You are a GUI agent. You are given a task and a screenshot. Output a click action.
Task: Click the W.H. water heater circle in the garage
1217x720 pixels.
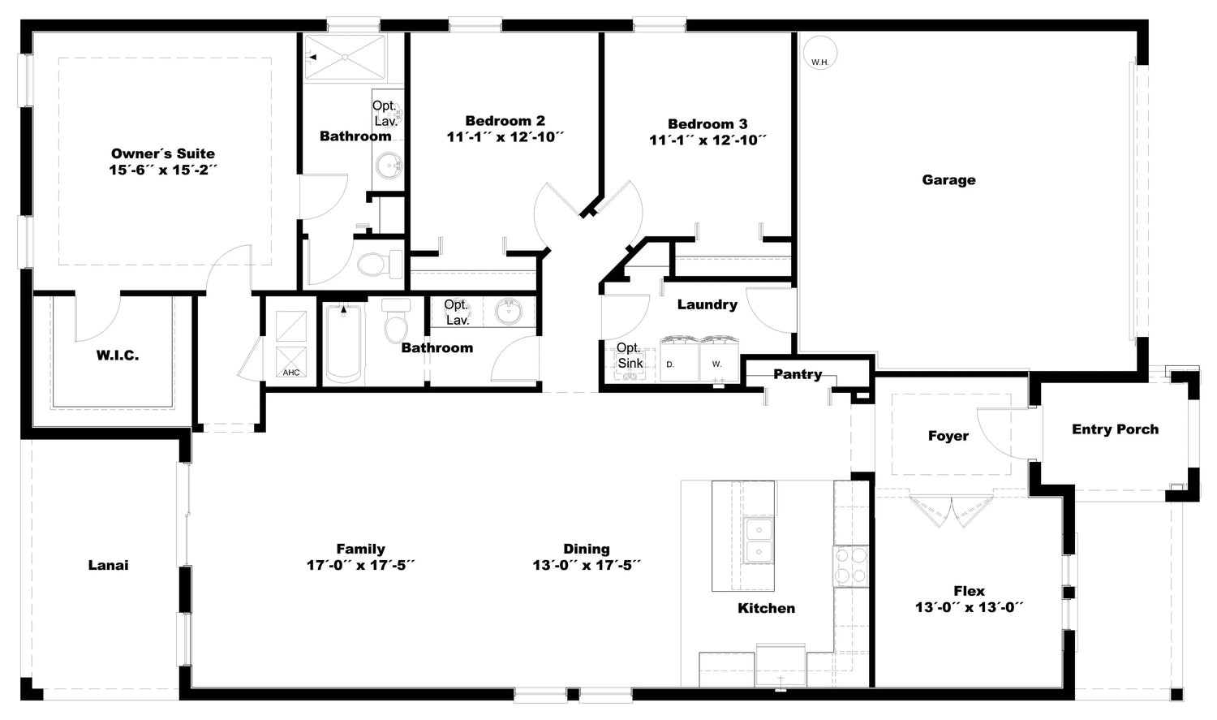(x=819, y=54)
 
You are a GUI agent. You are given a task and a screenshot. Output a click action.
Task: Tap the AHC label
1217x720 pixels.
(x=291, y=373)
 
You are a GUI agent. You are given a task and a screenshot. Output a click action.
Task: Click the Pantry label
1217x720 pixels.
(x=798, y=374)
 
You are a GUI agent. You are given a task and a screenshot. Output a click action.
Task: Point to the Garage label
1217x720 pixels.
(x=948, y=180)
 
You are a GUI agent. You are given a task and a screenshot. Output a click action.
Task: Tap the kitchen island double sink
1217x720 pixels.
(x=759, y=540)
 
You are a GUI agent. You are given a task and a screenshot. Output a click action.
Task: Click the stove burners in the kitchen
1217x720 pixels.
(x=851, y=566)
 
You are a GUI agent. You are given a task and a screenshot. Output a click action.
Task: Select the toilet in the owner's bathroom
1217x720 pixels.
(x=380, y=265)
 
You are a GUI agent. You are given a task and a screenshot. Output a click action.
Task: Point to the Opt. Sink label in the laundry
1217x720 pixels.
(x=630, y=356)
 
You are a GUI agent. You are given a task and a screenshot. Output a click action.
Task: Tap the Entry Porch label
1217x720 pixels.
(x=1115, y=429)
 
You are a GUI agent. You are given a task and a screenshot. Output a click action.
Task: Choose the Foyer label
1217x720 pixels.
(x=948, y=436)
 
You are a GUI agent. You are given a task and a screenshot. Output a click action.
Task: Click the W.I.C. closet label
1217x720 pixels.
(x=118, y=356)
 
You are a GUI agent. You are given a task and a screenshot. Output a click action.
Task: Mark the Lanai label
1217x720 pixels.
(x=108, y=565)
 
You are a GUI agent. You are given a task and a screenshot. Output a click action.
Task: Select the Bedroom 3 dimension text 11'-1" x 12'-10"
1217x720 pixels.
(x=707, y=140)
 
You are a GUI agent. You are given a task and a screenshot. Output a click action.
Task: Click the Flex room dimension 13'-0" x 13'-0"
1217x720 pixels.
(x=970, y=607)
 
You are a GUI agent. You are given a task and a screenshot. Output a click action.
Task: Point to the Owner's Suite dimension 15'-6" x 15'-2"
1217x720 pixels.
(x=163, y=170)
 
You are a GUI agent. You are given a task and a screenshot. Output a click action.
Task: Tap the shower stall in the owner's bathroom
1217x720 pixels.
(x=345, y=57)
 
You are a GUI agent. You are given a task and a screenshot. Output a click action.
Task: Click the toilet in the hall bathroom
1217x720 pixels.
(x=396, y=321)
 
